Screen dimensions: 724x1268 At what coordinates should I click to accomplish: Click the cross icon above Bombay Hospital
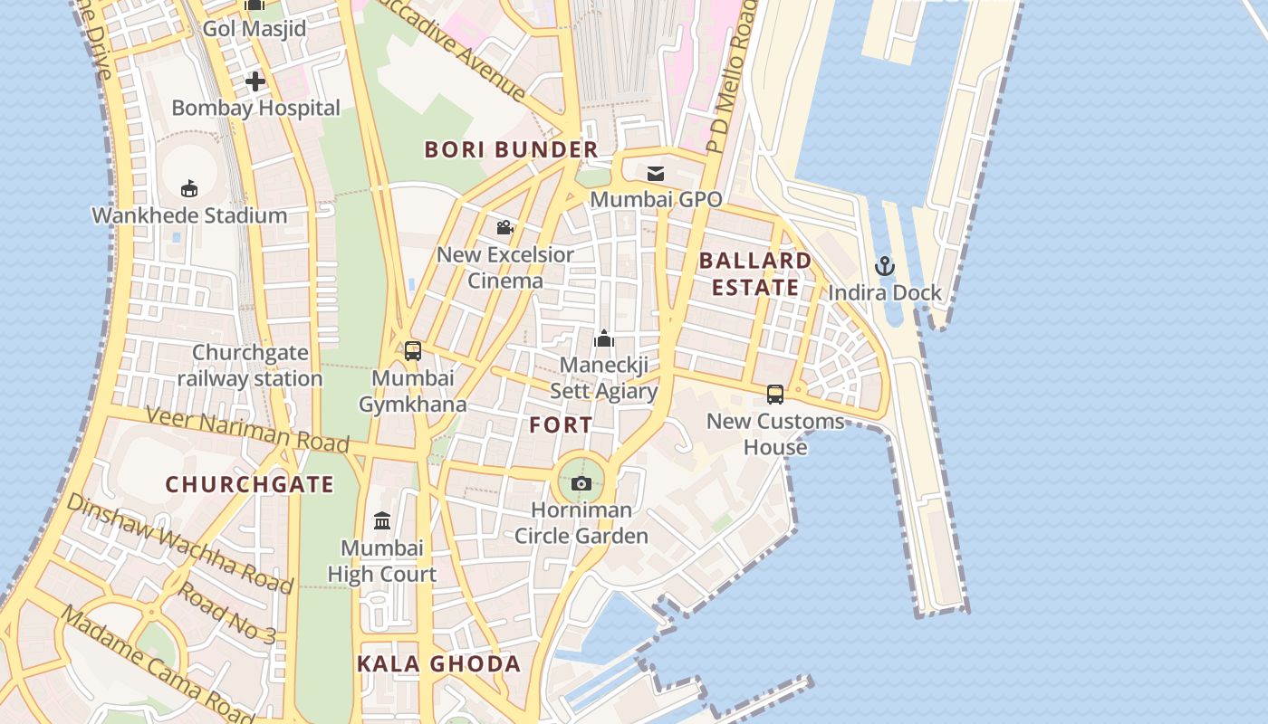pos(255,81)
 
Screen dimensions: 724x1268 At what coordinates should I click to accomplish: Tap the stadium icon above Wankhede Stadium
pos(189,188)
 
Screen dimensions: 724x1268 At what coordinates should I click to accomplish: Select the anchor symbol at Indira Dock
pos(885,266)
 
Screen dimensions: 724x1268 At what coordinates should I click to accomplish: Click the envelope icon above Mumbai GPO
pos(656,173)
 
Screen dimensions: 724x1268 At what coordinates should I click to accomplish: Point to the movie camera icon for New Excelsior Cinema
pos(505,228)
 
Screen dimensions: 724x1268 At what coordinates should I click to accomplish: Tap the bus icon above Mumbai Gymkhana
pos(413,351)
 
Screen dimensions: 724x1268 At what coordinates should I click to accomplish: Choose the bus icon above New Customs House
pos(775,395)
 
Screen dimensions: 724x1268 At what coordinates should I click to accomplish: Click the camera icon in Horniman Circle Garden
pos(581,484)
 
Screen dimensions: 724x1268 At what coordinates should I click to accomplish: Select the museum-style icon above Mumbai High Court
pos(382,521)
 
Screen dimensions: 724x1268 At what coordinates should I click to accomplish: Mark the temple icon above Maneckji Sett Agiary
pos(604,339)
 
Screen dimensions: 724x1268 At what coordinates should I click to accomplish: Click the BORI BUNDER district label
pos(512,150)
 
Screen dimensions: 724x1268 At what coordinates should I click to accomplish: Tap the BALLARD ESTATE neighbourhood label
pos(755,274)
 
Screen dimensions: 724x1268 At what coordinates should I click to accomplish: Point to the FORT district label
pos(562,425)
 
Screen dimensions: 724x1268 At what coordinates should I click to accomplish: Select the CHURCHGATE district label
pos(250,484)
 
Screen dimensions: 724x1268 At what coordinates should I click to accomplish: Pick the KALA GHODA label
pos(439,664)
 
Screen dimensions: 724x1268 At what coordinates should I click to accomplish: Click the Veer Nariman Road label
pos(247,430)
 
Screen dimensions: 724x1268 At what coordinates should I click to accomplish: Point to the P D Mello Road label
pos(732,77)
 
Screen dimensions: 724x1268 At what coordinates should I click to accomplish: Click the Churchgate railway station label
pos(250,366)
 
